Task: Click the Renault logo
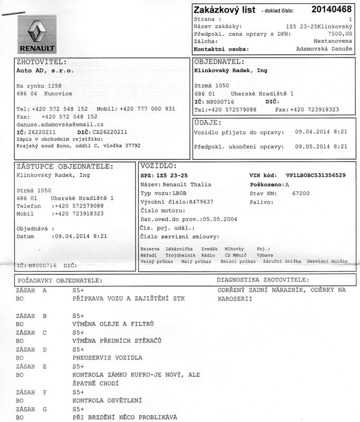click(x=37, y=33)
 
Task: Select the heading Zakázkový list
click(x=224, y=9)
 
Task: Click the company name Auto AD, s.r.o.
click(x=45, y=70)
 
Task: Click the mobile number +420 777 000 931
click(x=147, y=108)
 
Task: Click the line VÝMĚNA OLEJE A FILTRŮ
click(x=113, y=324)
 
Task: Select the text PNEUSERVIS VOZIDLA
click(x=107, y=358)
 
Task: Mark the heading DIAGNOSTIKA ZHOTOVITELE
click(x=263, y=280)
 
